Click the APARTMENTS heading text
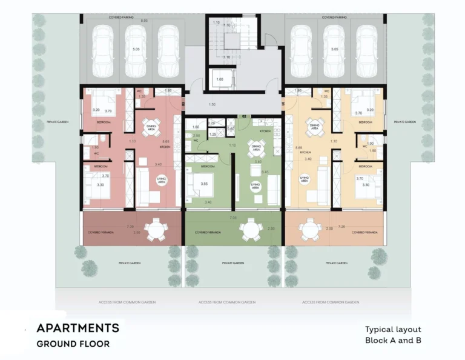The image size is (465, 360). point(77,328)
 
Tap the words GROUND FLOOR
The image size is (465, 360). point(73,344)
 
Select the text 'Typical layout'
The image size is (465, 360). point(393,330)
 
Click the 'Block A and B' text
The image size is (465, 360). point(393,341)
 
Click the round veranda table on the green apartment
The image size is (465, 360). point(250,229)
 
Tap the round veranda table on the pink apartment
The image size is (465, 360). point(157,229)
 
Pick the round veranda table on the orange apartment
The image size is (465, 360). point(311,229)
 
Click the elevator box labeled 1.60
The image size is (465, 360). point(220,79)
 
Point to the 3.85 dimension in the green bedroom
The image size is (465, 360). point(205,184)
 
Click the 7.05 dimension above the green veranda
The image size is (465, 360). point(233,217)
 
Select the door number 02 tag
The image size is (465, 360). point(245,115)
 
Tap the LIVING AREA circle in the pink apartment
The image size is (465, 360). point(161,179)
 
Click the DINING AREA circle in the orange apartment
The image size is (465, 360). point(314,127)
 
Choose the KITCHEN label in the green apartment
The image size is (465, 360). point(265,131)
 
